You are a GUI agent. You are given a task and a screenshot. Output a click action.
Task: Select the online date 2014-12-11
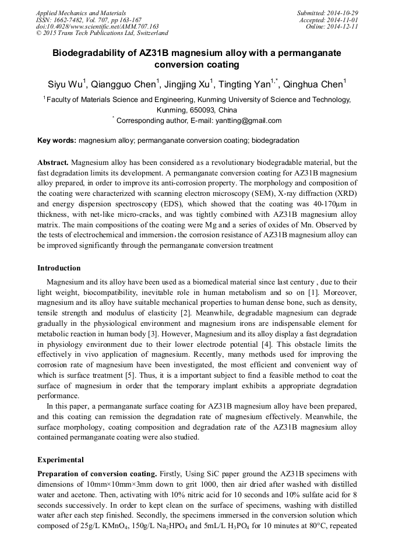344,27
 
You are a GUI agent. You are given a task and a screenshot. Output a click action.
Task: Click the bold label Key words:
57,140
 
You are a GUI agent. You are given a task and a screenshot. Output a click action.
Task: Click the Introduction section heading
59,268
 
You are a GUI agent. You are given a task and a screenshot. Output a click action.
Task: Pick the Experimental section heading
60,459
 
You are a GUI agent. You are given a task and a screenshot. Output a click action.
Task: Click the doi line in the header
97,27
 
